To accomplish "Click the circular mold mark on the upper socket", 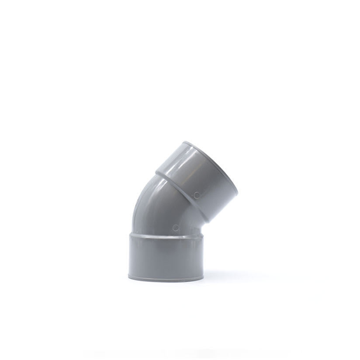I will [197, 195].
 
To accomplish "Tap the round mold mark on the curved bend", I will [175, 228].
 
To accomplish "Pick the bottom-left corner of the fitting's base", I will [129, 276].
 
